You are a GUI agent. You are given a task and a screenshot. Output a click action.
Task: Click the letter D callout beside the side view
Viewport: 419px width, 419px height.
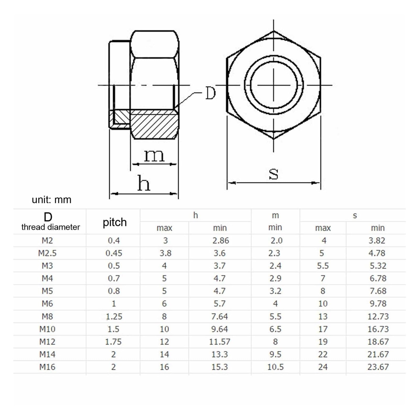pos(210,93)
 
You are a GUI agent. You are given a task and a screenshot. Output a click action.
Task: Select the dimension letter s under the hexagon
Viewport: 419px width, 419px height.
pos(273,174)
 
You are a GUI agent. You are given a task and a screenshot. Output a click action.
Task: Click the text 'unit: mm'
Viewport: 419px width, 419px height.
pos(51,200)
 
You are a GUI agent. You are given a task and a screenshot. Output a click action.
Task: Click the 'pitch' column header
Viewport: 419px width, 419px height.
pos(114,222)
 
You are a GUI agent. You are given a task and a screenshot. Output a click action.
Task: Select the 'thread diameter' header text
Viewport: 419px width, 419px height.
pos(51,227)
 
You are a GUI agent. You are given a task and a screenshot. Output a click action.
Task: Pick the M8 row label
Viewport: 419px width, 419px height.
pos(47,316)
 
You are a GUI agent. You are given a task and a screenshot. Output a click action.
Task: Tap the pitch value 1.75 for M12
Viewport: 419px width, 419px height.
pos(113,342)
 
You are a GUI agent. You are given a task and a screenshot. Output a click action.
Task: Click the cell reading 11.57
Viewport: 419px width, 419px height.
pos(219,342)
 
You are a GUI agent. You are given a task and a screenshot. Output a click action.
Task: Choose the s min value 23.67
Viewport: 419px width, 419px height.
pos(378,367)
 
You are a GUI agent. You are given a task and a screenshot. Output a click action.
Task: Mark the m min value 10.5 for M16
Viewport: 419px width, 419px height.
pos(275,367)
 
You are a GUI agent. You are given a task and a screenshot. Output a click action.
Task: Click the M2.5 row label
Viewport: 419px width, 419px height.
pos(47,253)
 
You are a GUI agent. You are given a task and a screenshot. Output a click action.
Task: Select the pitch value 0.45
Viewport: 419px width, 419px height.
pos(114,253)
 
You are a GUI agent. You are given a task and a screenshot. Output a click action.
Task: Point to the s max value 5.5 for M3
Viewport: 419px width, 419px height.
pos(323,266)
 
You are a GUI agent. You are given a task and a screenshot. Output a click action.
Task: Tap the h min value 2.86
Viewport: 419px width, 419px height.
pos(220,240)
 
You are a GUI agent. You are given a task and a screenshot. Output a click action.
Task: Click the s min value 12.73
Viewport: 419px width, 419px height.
pos(378,316)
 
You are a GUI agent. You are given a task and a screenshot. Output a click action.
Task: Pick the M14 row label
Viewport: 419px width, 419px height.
pos(47,354)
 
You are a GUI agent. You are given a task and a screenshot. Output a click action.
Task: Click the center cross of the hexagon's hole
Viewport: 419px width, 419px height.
pos(274,85)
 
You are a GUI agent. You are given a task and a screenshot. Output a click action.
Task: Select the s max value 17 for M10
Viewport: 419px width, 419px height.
pos(323,329)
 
